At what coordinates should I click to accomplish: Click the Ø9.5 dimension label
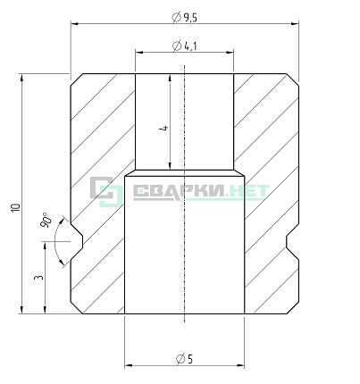pyautogui.click(x=185, y=18)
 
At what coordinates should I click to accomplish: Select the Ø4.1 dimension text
pyautogui.click(x=185, y=46)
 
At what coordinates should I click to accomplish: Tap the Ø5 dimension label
pyautogui.click(x=185, y=359)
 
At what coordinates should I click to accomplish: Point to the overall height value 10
pyautogui.click(x=15, y=207)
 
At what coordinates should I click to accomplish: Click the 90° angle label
pyautogui.click(x=46, y=220)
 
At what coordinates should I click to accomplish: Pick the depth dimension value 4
pyautogui.click(x=164, y=128)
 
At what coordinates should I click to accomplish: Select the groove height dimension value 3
pyautogui.click(x=39, y=278)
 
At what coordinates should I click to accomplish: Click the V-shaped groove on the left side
pyautogui.click(x=77, y=241)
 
